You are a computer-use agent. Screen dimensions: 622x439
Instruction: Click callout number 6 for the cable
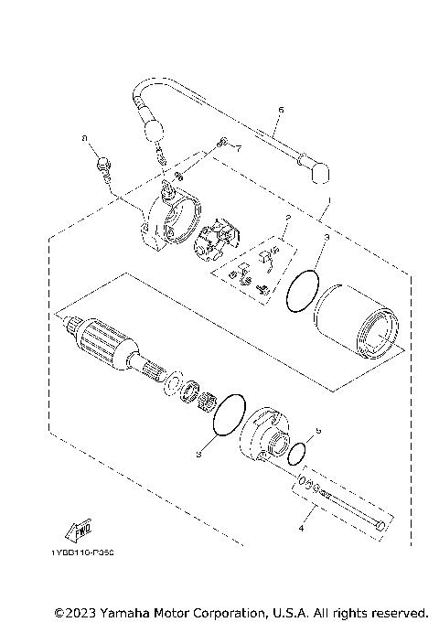[280, 110]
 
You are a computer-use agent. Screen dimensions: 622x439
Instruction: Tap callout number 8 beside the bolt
[84, 139]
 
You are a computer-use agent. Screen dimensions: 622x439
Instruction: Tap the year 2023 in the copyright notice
[85, 611]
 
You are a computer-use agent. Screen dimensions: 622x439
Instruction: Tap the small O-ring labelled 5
[295, 453]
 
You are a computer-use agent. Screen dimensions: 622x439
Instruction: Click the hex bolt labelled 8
[102, 166]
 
